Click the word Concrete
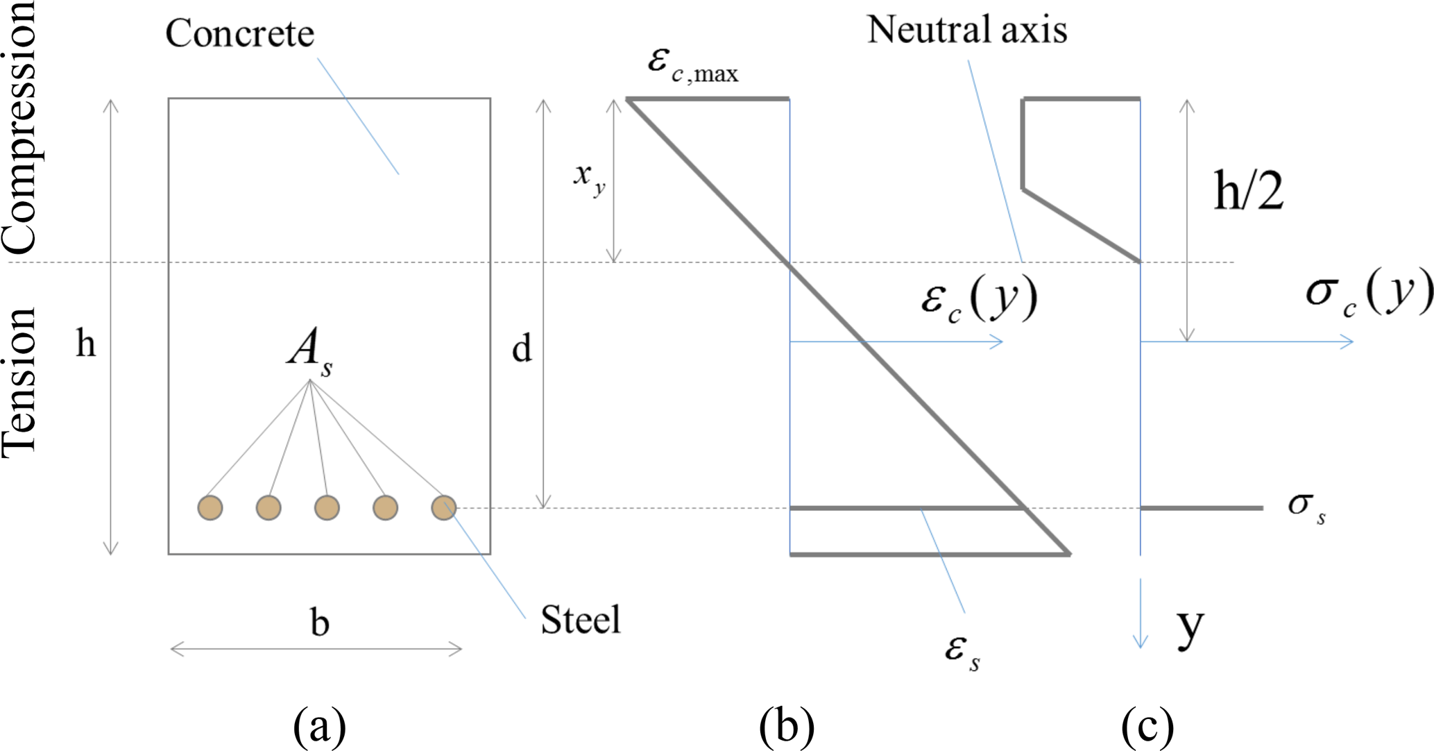[x=239, y=33]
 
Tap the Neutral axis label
[x=966, y=30]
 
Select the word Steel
[x=580, y=620]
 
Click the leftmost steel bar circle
[x=210, y=507]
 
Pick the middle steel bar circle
[x=327, y=507]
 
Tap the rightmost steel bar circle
[x=443, y=507]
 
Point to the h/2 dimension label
[x=1248, y=191]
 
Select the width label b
[x=319, y=623]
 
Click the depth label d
[x=522, y=348]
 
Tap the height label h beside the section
[x=85, y=344]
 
